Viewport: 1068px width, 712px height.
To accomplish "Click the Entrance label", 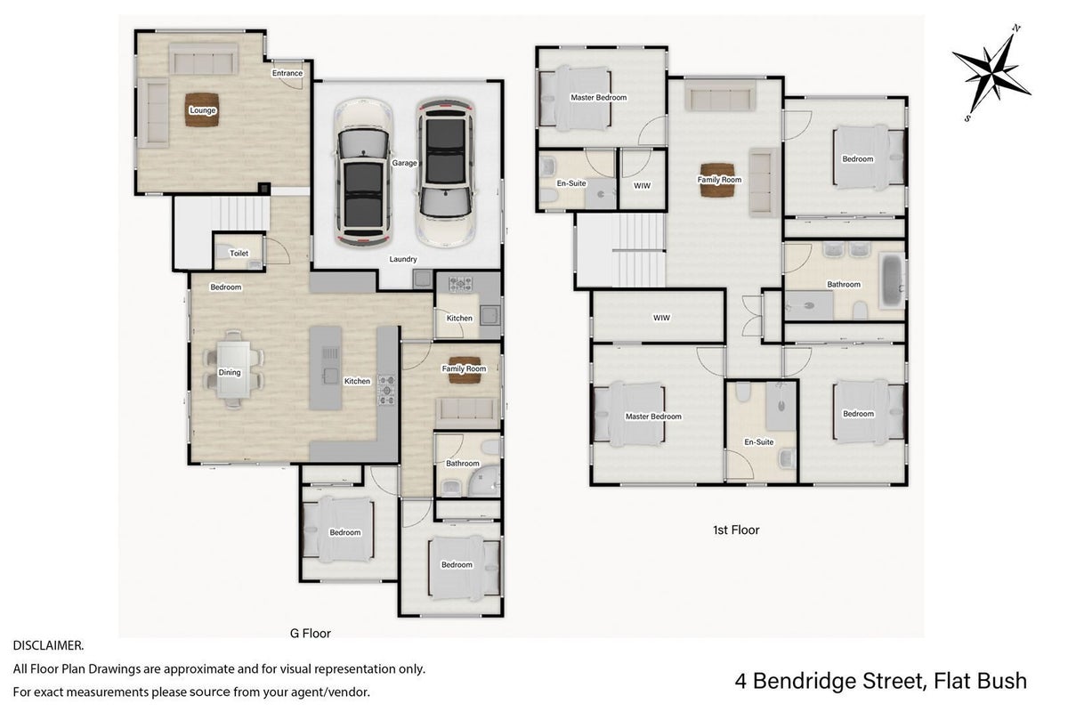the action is coord(287,73).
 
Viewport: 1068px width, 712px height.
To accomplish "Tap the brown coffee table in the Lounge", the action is coord(202,109).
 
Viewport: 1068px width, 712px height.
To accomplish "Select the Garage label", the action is coord(404,163).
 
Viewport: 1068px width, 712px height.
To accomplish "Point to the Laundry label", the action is coord(403,259).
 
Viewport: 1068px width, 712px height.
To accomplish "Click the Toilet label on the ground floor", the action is coord(239,254).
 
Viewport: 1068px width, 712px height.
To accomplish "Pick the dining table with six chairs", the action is coord(233,369).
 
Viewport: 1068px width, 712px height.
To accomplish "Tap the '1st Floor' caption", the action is coord(736,530).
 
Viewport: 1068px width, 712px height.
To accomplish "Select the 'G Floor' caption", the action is coord(311,634).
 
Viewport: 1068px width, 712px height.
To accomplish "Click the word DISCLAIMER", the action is coord(48,646).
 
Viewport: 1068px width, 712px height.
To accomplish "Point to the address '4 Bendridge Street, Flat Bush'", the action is coord(880,681).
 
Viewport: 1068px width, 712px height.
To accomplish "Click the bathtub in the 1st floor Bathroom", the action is coord(893,281).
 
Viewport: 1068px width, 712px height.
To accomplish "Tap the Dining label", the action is coord(230,372).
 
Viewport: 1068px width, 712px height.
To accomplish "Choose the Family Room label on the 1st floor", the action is coord(719,180).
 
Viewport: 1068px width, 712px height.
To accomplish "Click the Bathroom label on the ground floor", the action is coord(463,463).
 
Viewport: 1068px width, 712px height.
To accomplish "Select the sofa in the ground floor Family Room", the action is coord(467,413).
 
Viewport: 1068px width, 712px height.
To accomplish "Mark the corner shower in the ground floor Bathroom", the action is coord(484,481).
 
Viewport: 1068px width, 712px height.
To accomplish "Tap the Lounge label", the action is coord(203,110).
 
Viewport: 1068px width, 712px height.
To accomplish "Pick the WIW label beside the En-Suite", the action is coord(642,185).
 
